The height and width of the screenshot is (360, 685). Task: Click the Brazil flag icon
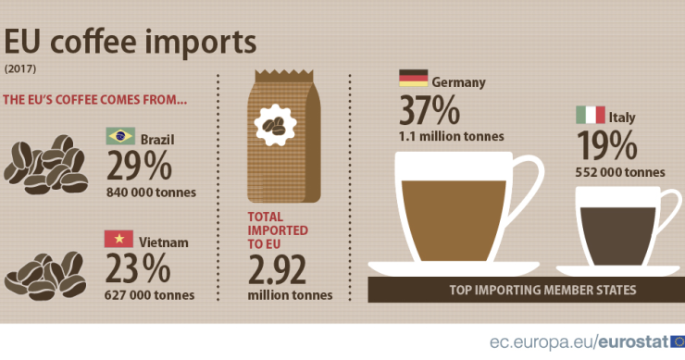point(120,137)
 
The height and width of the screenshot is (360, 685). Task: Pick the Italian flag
point(590,115)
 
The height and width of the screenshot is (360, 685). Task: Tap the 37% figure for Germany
point(430,110)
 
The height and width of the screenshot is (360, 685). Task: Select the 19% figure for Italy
point(606,145)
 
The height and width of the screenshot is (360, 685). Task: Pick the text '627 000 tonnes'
point(151,295)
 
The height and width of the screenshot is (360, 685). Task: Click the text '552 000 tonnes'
point(621,171)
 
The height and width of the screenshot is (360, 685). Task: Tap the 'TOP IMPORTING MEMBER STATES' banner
point(542,290)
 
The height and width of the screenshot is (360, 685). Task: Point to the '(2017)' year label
point(19,69)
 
